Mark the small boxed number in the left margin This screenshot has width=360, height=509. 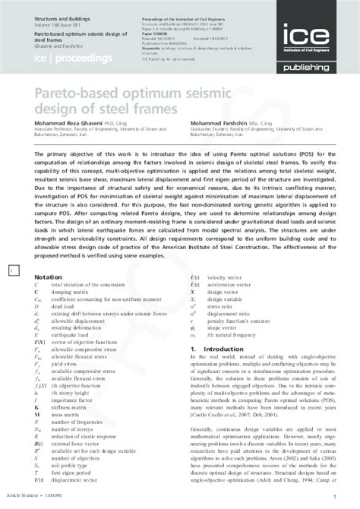tap(10, 270)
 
